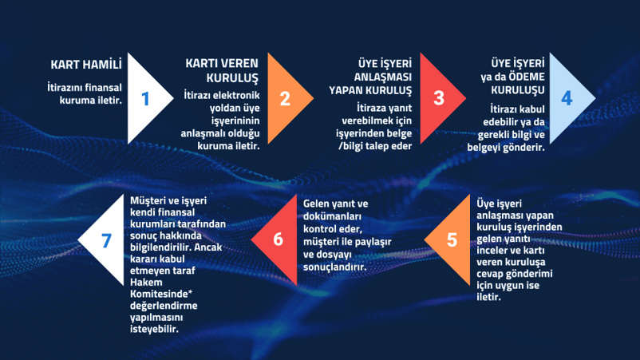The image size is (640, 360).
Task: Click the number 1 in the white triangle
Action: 145,99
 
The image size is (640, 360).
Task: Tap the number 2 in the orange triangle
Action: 286,99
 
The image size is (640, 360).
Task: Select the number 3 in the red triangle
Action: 439,98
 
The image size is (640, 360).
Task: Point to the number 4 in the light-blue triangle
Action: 567,98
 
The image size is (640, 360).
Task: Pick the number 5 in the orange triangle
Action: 452,240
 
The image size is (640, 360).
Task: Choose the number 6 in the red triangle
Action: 278,239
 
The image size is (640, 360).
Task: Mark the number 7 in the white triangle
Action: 106,240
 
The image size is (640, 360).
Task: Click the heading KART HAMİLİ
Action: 86,65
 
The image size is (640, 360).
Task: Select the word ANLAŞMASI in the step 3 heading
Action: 383,77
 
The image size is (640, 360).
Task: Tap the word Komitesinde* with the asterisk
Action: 161,294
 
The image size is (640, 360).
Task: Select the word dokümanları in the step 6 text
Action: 332,216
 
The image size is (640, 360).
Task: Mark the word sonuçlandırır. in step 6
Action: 334,267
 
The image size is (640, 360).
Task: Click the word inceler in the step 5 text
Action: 490,250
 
